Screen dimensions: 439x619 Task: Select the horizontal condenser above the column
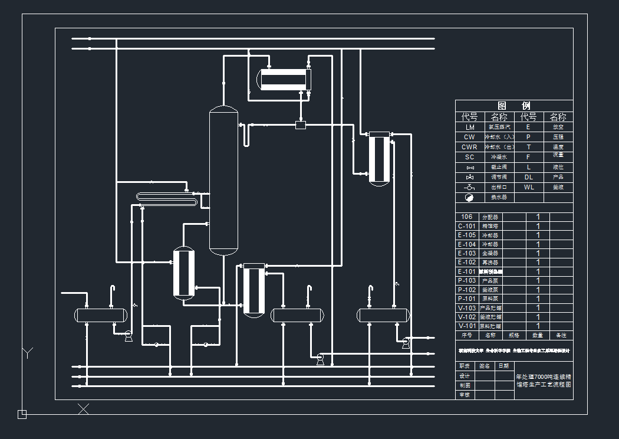(x=284, y=80)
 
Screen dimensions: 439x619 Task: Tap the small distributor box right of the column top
(x=301, y=124)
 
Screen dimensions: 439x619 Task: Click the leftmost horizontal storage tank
(x=101, y=315)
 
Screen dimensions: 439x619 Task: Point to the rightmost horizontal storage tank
(x=383, y=315)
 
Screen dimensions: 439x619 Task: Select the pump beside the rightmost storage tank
(x=406, y=343)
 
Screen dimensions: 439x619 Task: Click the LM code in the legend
(x=470, y=127)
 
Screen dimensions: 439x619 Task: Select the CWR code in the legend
(x=470, y=147)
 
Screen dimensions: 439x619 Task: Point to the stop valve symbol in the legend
(x=470, y=168)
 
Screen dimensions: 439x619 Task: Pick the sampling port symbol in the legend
(x=470, y=187)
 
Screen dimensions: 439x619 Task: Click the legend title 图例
(x=513, y=106)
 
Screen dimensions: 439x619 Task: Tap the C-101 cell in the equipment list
(x=467, y=226)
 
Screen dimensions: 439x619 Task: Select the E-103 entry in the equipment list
(x=467, y=253)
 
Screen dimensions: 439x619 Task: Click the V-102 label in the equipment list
(x=467, y=317)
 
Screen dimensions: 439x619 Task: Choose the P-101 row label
(x=467, y=299)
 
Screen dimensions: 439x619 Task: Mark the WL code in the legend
(x=529, y=187)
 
